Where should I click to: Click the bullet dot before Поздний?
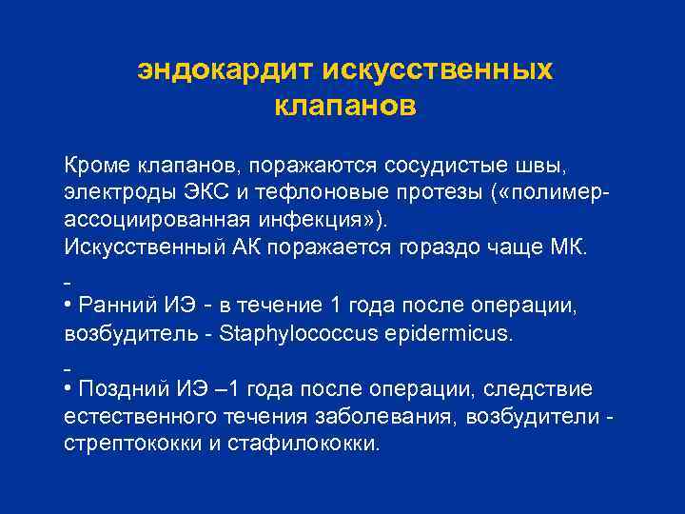pyautogui.click(x=68, y=389)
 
